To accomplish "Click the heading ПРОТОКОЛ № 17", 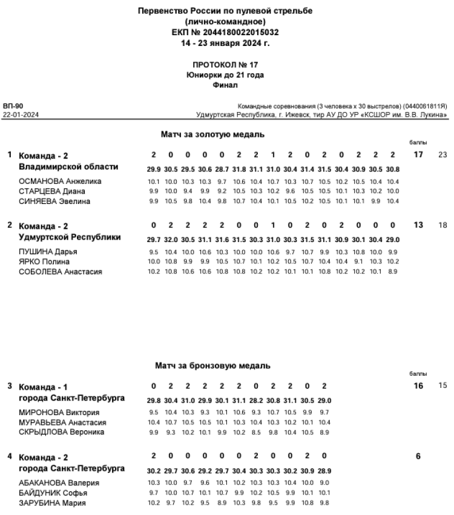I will click(x=225, y=64).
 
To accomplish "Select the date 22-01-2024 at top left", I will click(x=19, y=114).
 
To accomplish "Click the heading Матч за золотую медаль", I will click(x=213, y=133).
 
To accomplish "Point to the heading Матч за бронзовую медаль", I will click(x=212, y=366).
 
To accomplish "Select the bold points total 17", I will click(x=418, y=155).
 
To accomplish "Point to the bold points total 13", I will click(x=418, y=225).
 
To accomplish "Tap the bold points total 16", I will click(x=418, y=386).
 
